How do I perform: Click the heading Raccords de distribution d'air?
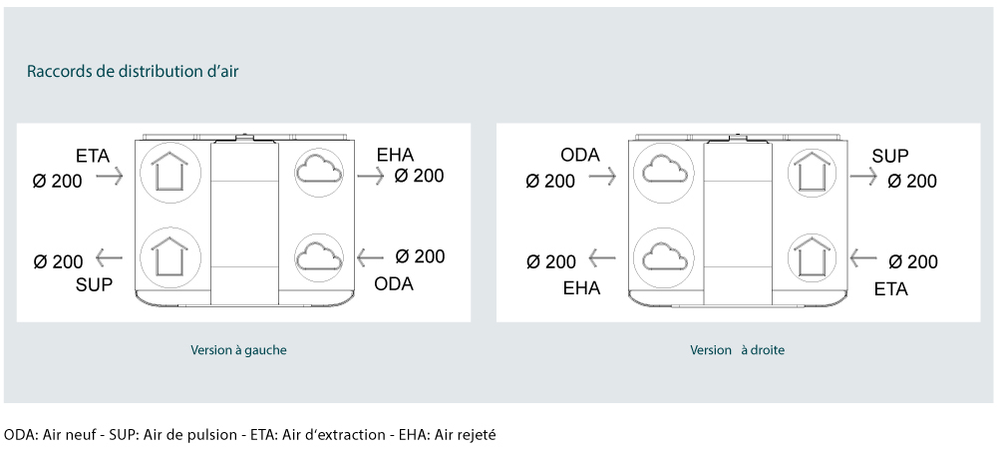click(x=133, y=71)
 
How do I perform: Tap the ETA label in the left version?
click(x=93, y=156)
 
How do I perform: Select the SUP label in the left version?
click(x=94, y=284)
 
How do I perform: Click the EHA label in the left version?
click(x=396, y=155)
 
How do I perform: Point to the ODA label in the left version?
click(x=394, y=283)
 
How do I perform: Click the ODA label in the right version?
click(x=580, y=156)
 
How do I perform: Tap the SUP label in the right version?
click(x=890, y=156)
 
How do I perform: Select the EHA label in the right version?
click(x=582, y=288)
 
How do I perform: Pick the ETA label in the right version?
click(x=890, y=289)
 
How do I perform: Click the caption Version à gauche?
click(x=238, y=350)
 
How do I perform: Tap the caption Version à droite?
click(x=738, y=350)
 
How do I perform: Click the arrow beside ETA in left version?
click(x=110, y=177)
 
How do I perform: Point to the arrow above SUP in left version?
click(x=109, y=257)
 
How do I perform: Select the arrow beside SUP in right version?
click(x=863, y=176)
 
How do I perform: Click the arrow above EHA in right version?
click(x=602, y=257)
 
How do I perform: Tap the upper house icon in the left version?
click(x=169, y=173)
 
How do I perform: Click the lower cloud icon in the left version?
click(x=319, y=257)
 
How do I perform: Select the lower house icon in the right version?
click(x=812, y=257)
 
